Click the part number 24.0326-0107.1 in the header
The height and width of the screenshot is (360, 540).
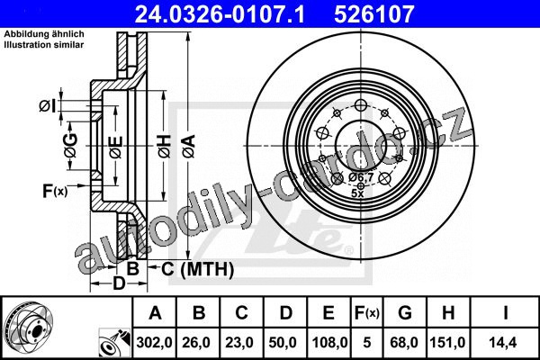(x=220, y=14)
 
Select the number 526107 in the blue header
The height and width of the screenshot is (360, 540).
(x=373, y=14)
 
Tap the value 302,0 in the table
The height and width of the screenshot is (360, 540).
(x=154, y=342)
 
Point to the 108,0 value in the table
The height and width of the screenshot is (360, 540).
(x=329, y=342)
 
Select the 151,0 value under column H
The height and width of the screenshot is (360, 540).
(x=447, y=342)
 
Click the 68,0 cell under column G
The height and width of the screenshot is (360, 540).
(x=404, y=342)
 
